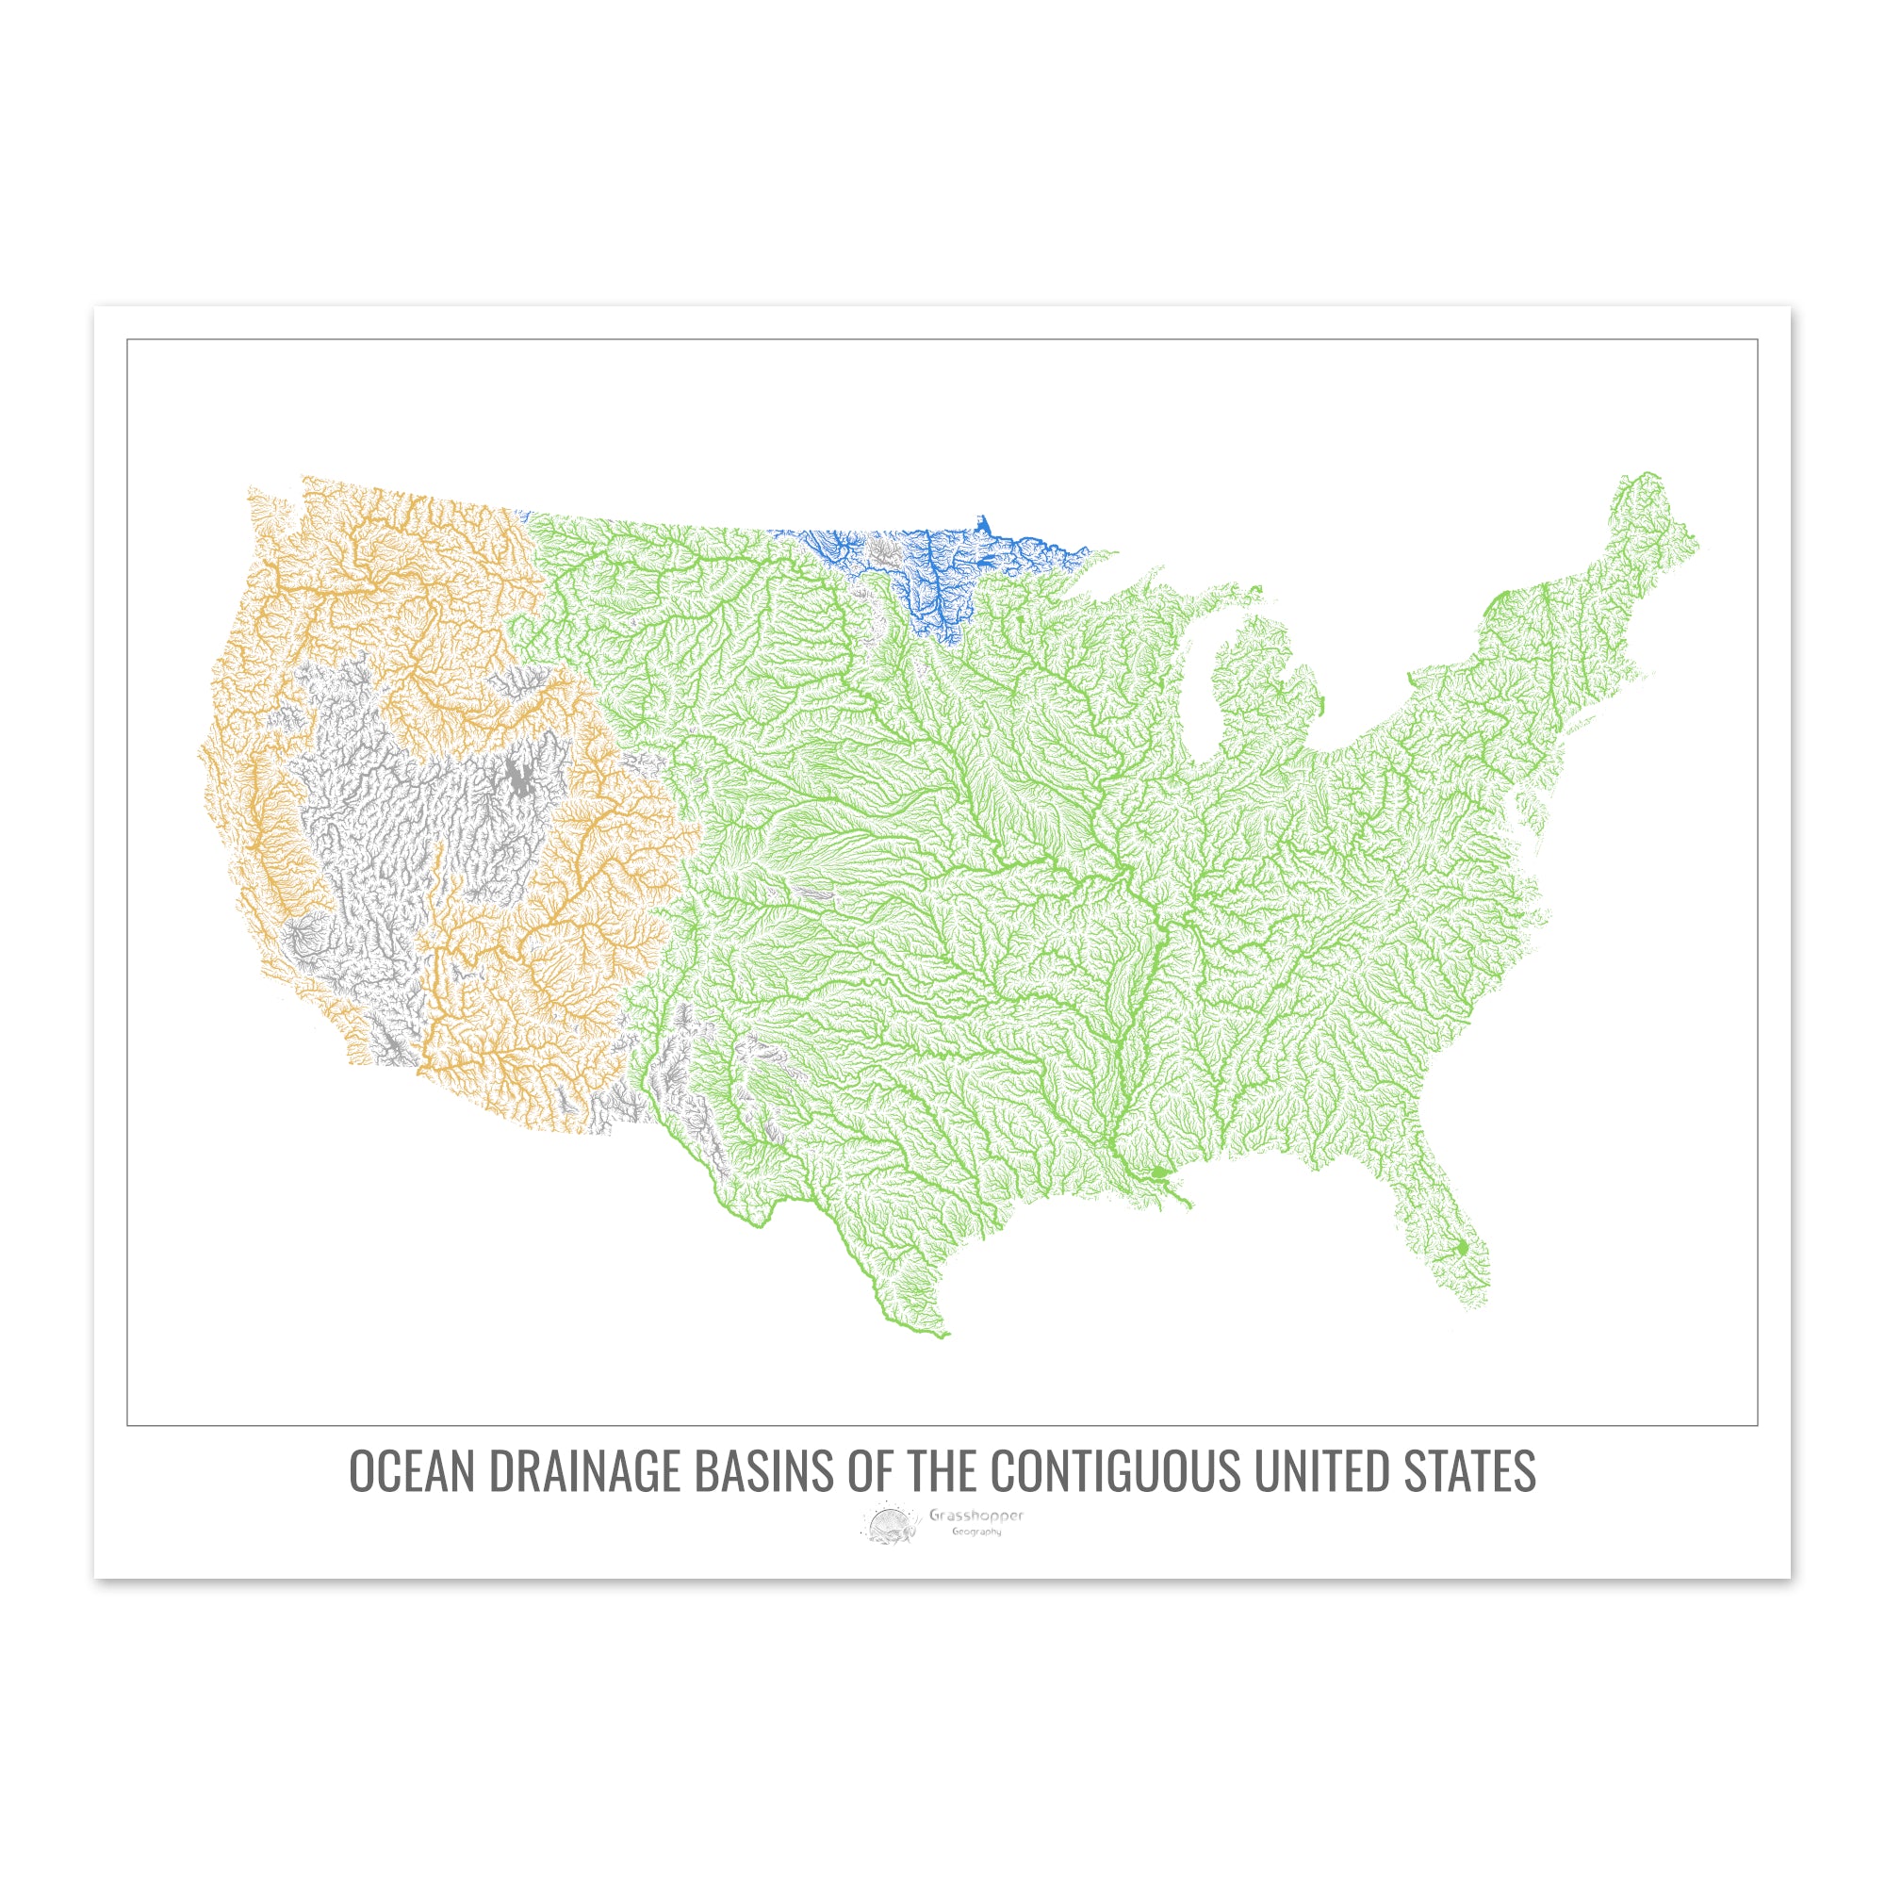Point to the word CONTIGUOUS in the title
click(1115, 1472)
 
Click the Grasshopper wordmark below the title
click(975, 1516)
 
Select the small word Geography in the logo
click(976, 1532)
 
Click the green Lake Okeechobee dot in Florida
click(1463, 1248)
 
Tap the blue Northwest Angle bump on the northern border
click(983, 524)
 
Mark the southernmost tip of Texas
click(942, 1335)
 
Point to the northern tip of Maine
click(1648, 475)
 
